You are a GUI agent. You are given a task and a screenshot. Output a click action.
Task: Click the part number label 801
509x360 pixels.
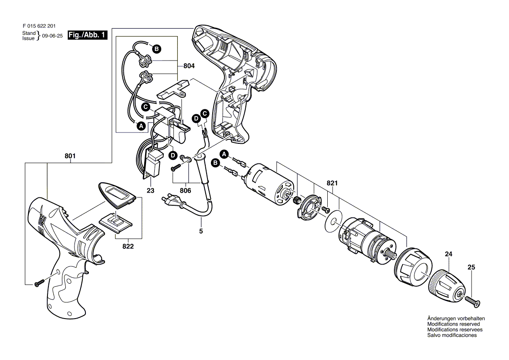[71, 156]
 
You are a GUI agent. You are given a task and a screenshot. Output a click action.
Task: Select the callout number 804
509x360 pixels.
[189, 66]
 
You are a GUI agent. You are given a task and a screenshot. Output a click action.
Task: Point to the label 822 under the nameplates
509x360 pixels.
[128, 246]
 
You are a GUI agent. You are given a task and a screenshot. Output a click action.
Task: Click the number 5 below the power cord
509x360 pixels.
[201, 231]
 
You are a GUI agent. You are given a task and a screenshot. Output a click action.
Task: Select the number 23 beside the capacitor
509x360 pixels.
[150, 190]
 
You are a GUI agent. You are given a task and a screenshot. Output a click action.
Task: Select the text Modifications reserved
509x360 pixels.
[453, 324]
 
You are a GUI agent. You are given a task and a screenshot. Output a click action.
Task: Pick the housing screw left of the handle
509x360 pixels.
[38, 284]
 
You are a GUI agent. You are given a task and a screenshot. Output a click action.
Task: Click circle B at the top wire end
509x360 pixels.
[156, 49]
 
